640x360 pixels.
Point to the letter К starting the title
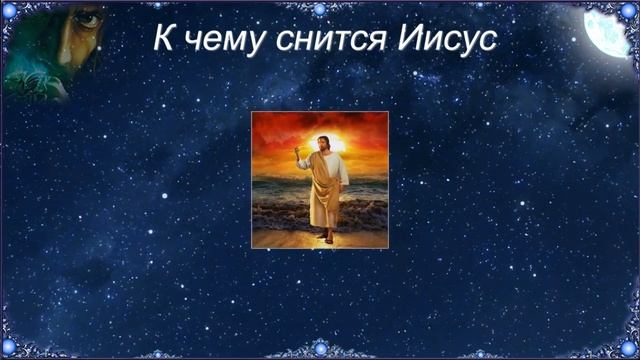coord(165,39)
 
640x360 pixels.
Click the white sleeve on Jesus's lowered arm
coord(341,170)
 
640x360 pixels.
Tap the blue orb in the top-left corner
coord(8,9)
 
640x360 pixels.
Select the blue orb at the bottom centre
coord(320,349)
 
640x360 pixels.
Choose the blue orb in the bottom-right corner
coord(629,349)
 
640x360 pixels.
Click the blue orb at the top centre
coord(320,9)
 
